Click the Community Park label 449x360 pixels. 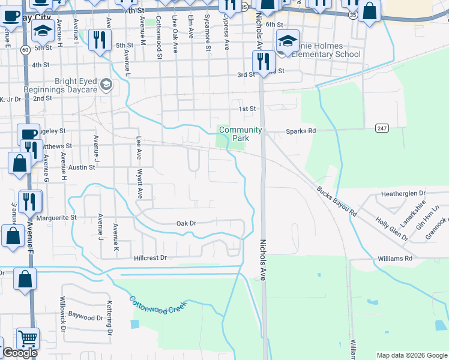[x=240, y=134]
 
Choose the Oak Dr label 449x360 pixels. [x=186, y=223]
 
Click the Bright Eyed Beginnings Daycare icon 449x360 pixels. [x=106, y=83]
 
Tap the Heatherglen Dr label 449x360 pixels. [x=403, y=194]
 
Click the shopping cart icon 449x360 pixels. [x=28, y=339]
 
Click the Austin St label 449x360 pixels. [x=82, y=168]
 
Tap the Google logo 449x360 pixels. [x=20, y=353]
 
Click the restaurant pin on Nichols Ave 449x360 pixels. [x=263, y=61]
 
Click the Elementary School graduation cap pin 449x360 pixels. [x=288, y=41]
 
